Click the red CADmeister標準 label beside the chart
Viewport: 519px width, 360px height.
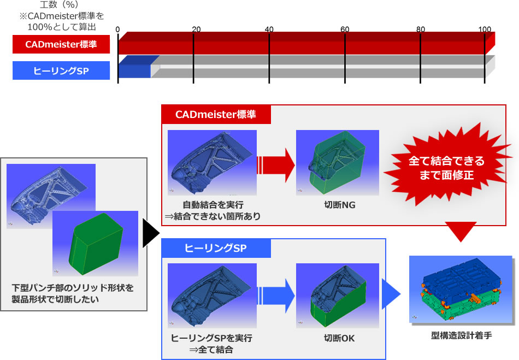(x=61, y=44)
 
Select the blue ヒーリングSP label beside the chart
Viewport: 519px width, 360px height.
(x=61, y=70)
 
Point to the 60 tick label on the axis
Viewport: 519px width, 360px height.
(x=344, y=29)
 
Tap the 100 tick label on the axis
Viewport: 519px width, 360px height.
(x=485, y=29)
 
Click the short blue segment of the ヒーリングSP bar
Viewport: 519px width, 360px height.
(x=134, y=70)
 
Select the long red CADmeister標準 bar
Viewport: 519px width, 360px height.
(x=306, y=44)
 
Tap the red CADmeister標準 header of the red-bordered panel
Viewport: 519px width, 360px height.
(x=216, y=115)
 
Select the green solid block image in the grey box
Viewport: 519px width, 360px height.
(x=95, y=243)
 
